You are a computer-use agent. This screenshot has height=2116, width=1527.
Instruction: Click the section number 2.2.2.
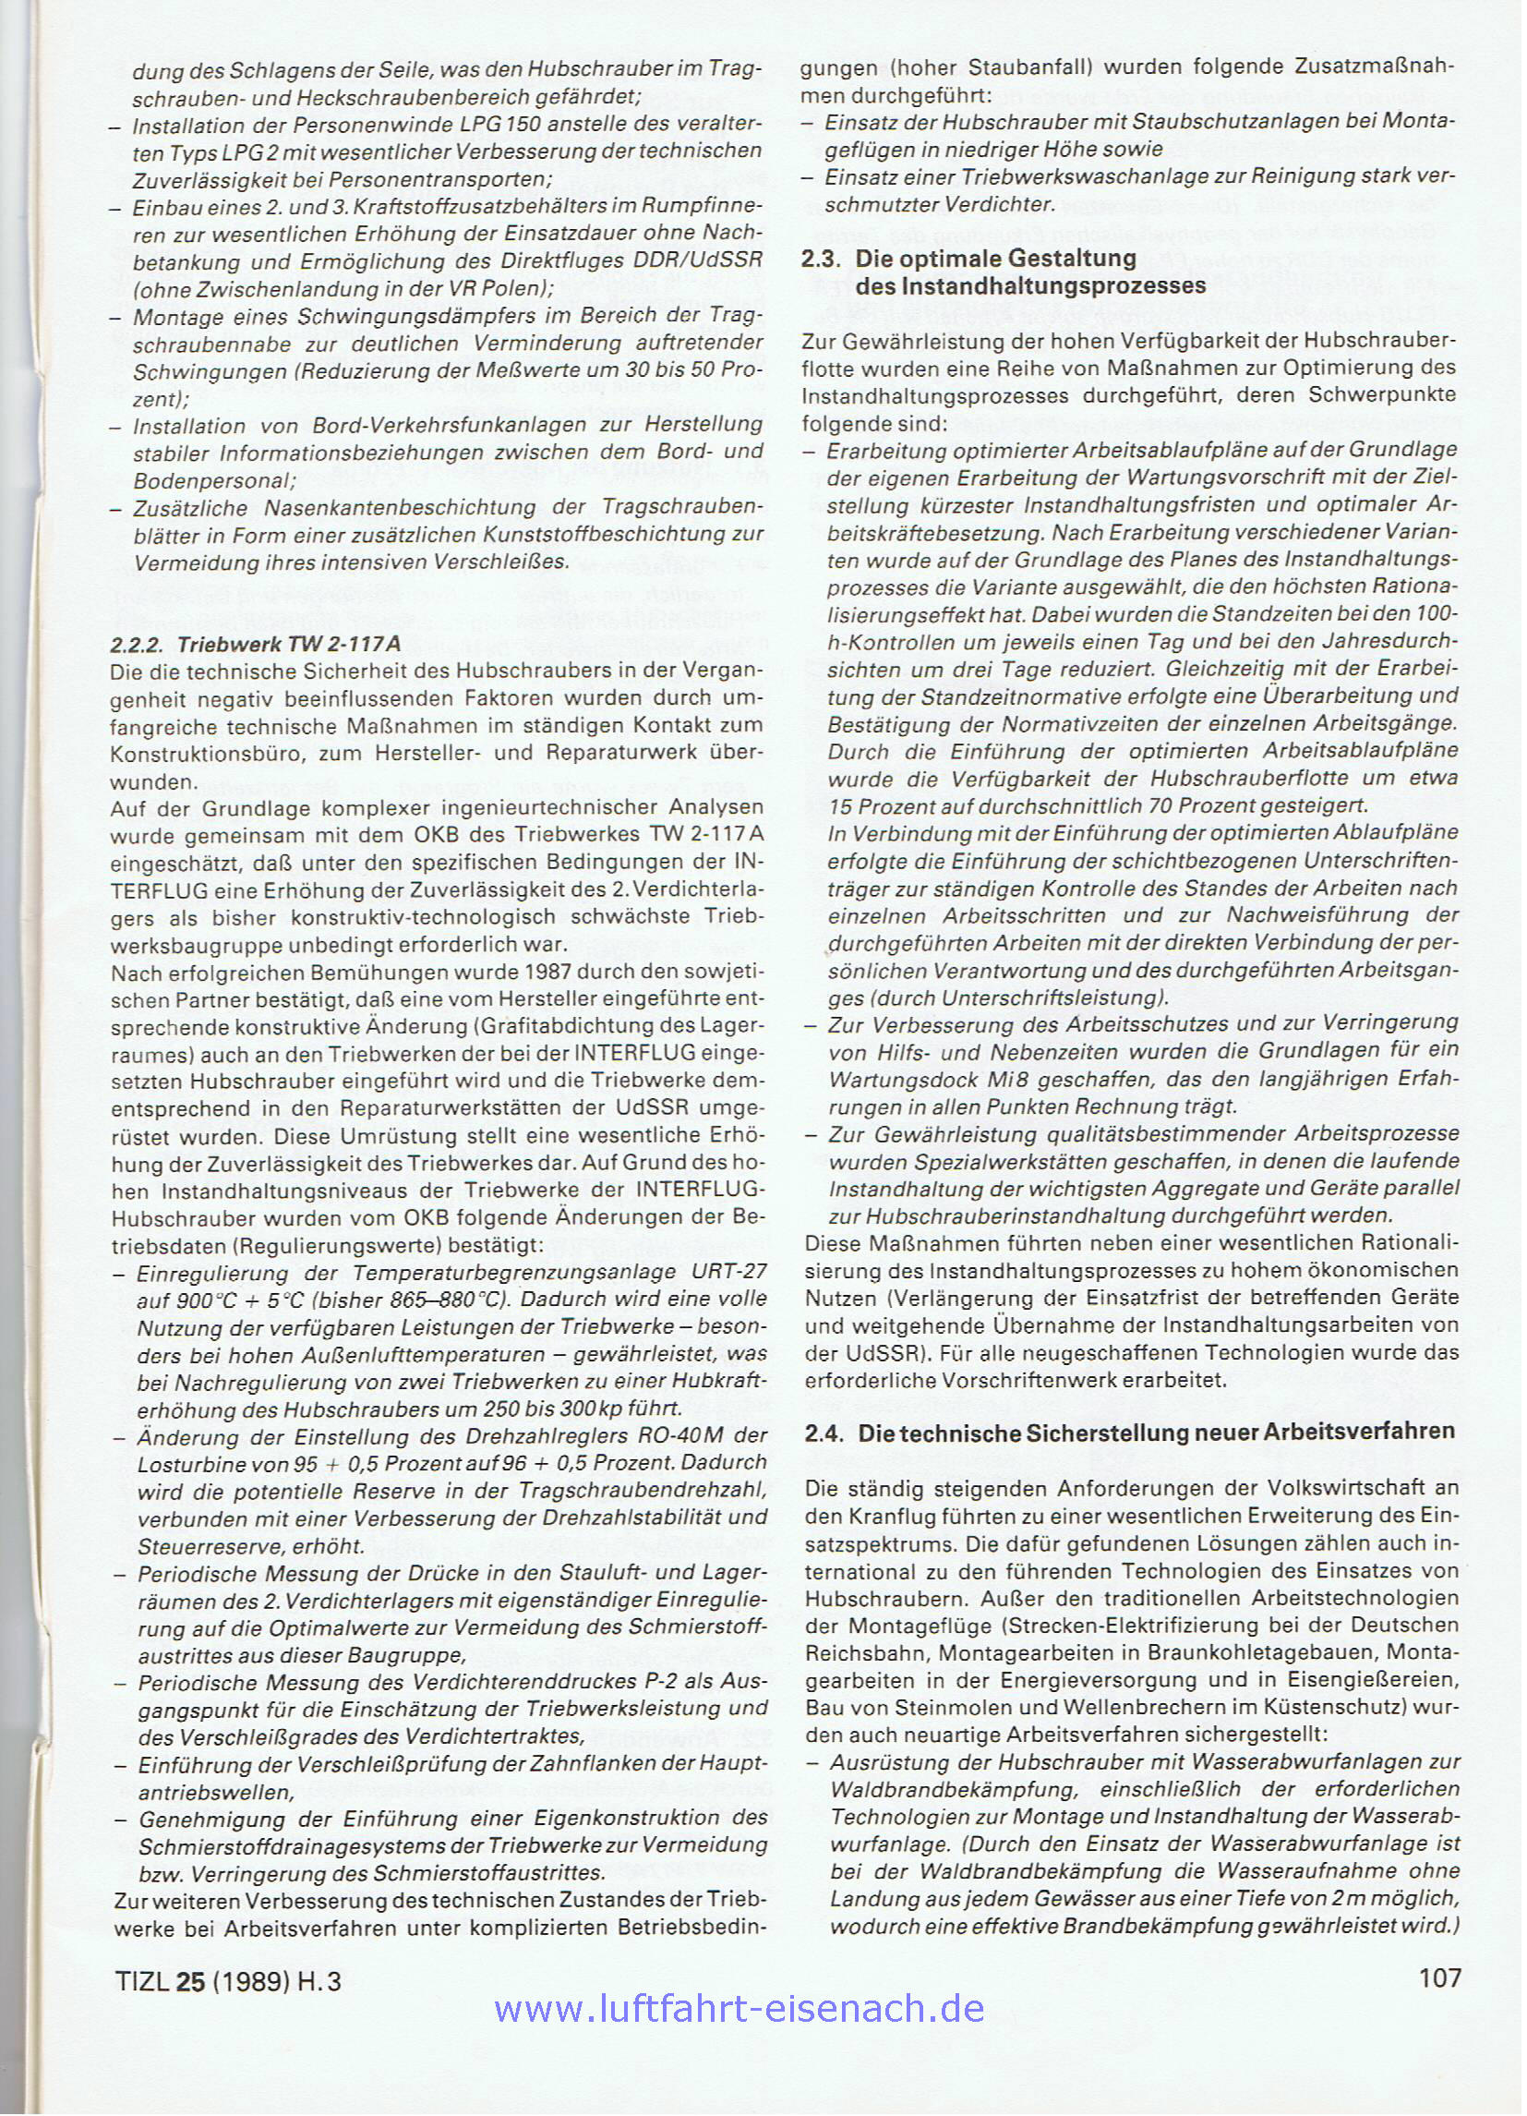coord(139,645)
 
